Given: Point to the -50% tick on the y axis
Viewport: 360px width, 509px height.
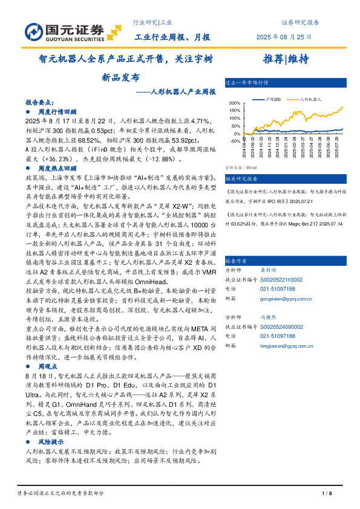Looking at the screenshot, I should pos(234,141).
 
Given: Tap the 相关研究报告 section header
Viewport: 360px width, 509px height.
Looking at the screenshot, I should pos(241,179).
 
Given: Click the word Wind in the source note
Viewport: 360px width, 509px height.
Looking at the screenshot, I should pos(251,167).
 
